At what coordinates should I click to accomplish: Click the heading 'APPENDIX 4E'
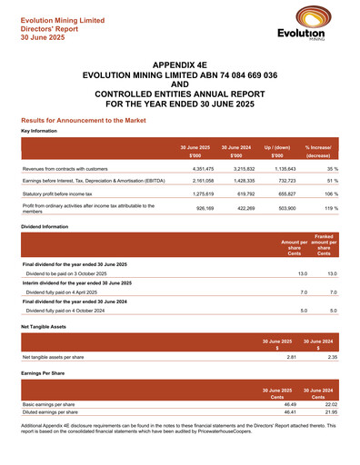179,66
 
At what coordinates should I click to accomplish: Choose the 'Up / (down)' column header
276,146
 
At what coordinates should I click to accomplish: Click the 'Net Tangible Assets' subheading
45,325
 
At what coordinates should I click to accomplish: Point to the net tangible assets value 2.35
332,357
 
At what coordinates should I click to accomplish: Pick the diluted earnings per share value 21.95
331,412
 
